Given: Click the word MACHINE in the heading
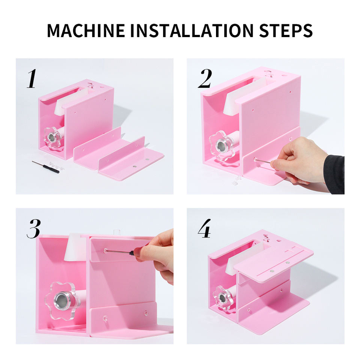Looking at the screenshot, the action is click(86, 30).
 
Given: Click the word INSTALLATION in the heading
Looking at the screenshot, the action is click(192, 30).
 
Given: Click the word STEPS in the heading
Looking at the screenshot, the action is click(286, 30).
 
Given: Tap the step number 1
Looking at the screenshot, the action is click(31, 78).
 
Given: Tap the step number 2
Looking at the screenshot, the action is click(205, 78).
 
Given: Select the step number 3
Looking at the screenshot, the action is click(34, 229).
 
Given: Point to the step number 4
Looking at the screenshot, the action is click(204, 228).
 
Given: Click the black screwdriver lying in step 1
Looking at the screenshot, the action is click(45, 167).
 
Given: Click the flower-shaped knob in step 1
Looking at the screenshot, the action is click(52, 138).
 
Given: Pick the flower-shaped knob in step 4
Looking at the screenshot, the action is click(222, 298).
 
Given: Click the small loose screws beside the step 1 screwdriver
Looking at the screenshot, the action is click(56, 166).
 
